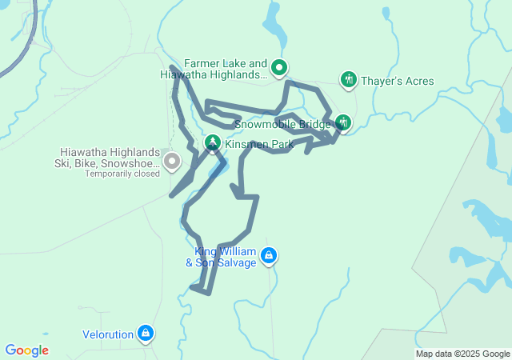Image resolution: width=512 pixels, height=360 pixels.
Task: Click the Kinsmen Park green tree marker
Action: click(213, 143)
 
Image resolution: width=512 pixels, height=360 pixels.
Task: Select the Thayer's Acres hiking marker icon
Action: click(348, 79)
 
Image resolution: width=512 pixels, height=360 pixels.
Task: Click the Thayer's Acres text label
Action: click(397, 81)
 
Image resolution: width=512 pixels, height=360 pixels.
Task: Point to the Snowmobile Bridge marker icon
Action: click(343, 122)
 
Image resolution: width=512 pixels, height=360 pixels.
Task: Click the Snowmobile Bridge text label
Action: click(282, 125)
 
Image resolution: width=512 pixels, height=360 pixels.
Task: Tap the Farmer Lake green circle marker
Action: click(278, 67)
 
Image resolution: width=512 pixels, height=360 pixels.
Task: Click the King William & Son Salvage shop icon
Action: click(270, 256)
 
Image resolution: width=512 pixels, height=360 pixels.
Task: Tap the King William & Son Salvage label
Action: click(222, 257)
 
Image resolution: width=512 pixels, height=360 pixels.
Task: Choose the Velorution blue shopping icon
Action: click(145, 332)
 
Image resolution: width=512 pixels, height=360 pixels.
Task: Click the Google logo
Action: click(26, 350)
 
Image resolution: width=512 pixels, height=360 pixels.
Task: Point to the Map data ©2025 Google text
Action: click(462, 354)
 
